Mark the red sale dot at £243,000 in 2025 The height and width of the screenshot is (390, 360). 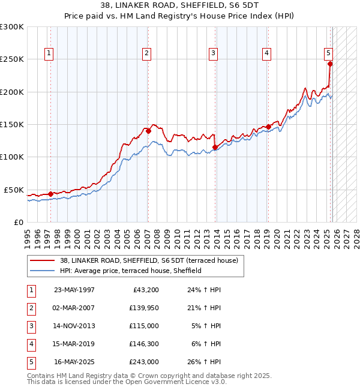(x=330, y=64)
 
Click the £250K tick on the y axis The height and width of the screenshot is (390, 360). (x=12, y=59)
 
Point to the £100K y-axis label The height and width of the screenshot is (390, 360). (x=12, y=157)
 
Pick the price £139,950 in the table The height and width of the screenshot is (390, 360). (x=143, y=308)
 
